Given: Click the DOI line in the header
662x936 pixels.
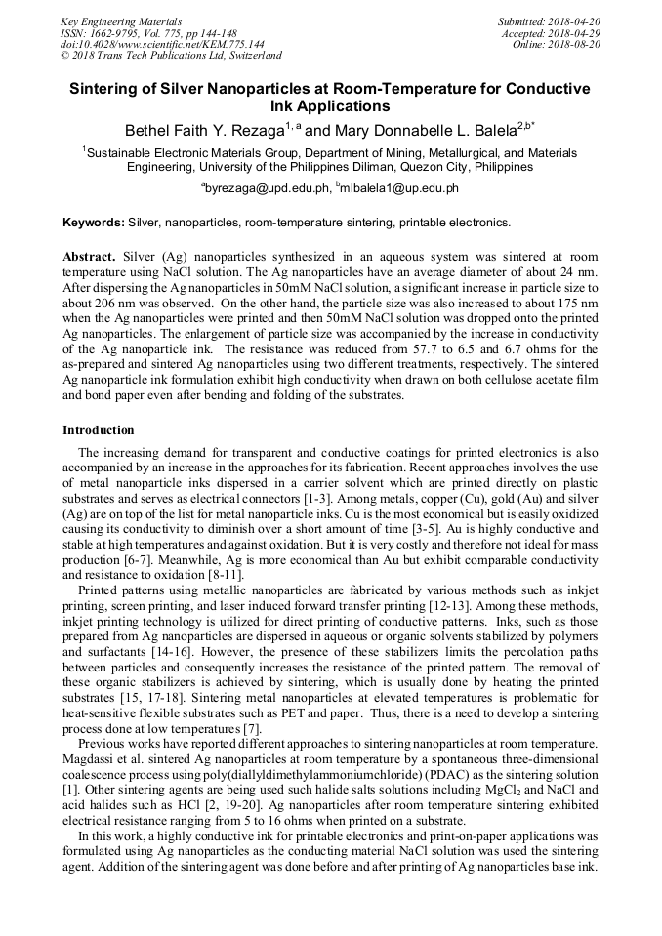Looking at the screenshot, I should pos(162,44).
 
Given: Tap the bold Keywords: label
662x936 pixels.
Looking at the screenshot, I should pos(94,222).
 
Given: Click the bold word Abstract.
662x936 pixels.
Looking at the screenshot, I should pos(91,254).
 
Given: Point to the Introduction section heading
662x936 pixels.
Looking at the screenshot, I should pos(99,430).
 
